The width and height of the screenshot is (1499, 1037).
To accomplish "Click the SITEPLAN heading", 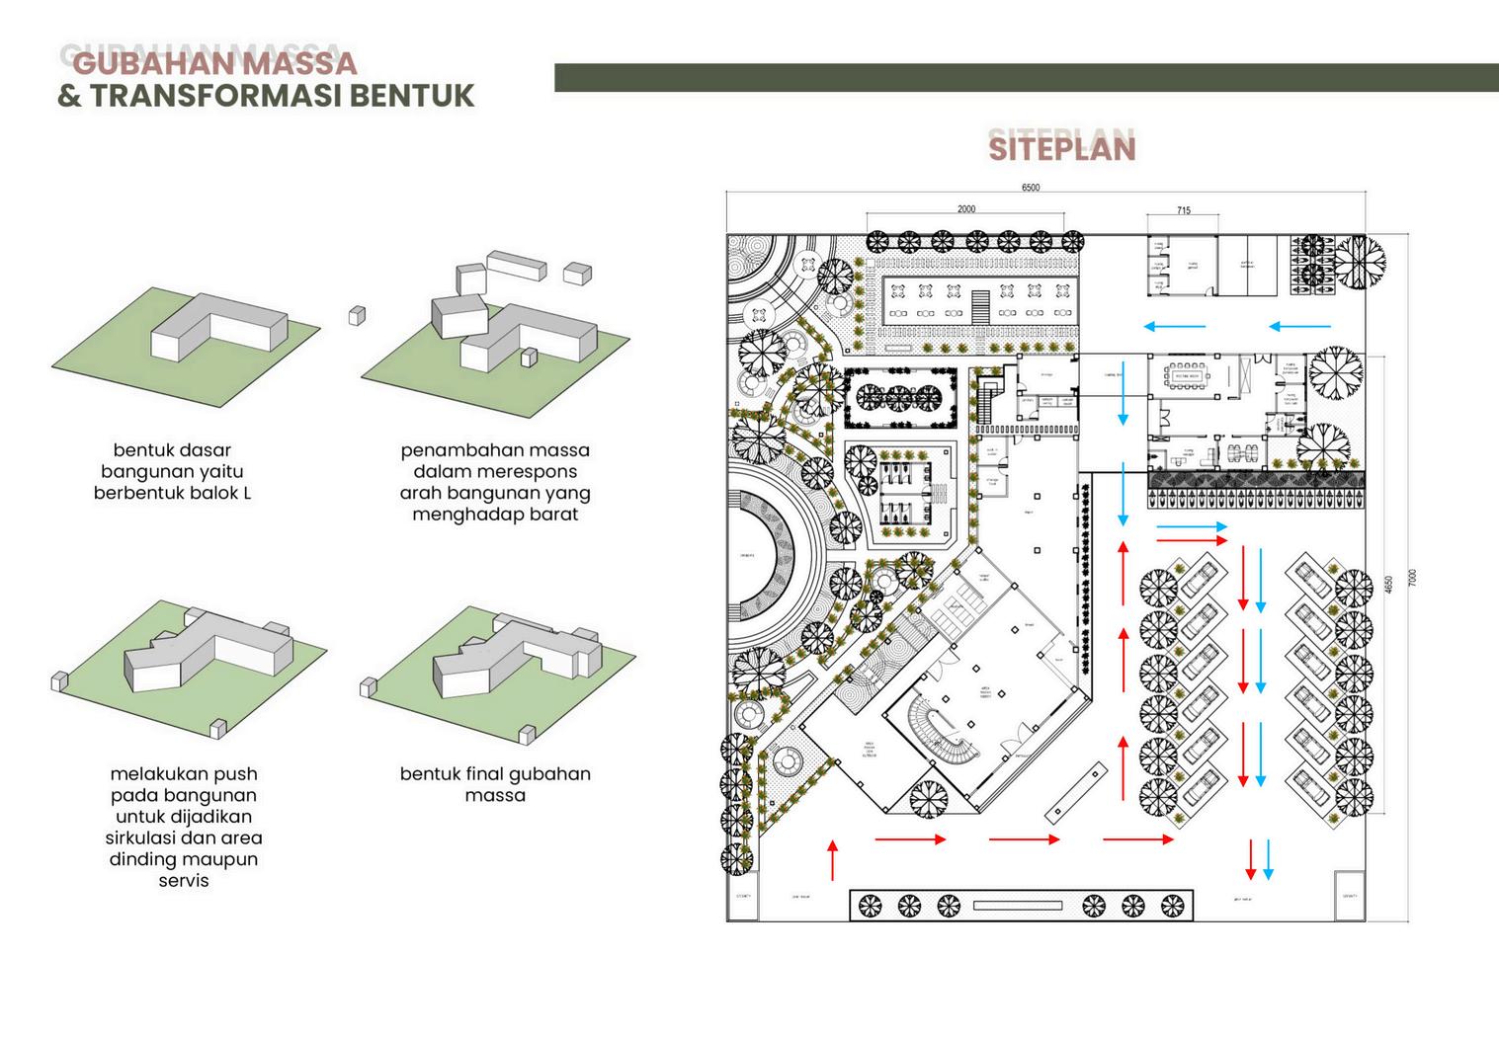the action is point(1062,148).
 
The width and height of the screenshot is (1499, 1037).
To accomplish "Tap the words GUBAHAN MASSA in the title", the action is point(214,63).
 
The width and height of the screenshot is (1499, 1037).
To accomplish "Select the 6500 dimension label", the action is point(1030,188).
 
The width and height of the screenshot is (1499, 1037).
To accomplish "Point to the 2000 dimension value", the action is point(965,209).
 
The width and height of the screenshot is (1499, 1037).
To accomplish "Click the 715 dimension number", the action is point(1184,210).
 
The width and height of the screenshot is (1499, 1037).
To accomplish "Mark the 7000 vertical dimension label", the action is point(1412,578).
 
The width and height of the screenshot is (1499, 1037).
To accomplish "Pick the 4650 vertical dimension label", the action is point(1389,585).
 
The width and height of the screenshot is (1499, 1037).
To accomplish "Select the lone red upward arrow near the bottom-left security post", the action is point(833,859).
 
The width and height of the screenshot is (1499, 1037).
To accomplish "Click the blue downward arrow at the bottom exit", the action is point(1269,859).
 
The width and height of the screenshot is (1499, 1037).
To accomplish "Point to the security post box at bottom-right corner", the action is point(1349,895).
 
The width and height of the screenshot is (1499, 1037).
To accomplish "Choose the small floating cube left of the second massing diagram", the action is point(357,315).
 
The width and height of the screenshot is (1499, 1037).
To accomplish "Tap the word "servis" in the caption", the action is point(184,880).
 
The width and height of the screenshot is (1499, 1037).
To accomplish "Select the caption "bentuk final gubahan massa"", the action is point(495,784).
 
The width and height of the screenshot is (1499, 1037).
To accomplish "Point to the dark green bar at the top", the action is point(1026,78).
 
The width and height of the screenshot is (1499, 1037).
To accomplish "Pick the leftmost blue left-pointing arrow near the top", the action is point(1175,326).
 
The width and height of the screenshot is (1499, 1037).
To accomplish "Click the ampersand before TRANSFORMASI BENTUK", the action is point(69,96).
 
